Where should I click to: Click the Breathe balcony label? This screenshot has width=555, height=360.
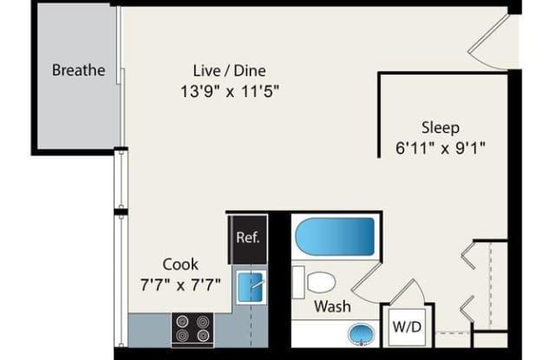click(x=79, y=70)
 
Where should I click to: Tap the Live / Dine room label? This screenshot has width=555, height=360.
click(x=229, y=71)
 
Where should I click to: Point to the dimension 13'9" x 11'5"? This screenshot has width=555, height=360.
click(x=230, y=91)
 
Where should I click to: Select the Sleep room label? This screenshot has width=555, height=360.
click(x=441, y=128)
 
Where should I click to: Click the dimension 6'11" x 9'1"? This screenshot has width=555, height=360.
click(x=441, y=148)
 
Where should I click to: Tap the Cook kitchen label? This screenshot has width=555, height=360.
click(x=180, y=265)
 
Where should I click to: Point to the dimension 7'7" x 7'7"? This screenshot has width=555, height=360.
click(x=180, y=285)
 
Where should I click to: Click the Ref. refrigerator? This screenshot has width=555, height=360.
click(x=248, y=239)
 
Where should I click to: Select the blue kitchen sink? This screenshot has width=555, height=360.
click(x=251, y=287)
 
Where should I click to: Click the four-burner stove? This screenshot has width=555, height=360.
click(x=193, y=328)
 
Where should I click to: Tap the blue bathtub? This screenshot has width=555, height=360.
click(x=335, y=237)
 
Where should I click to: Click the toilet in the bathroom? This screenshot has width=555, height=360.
click(x=314, y=282)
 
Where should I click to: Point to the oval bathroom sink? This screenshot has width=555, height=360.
click(x=361, y=334)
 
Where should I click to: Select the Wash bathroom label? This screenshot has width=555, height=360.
click(x=332, y=306)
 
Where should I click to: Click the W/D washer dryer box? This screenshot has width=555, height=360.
click(x=407, y=327)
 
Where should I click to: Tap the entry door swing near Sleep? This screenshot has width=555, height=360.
click(x=489, y=43)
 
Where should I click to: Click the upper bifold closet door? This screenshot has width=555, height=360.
click(x=468, y=255)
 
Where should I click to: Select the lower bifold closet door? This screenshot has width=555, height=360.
click(x=467, y=309)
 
